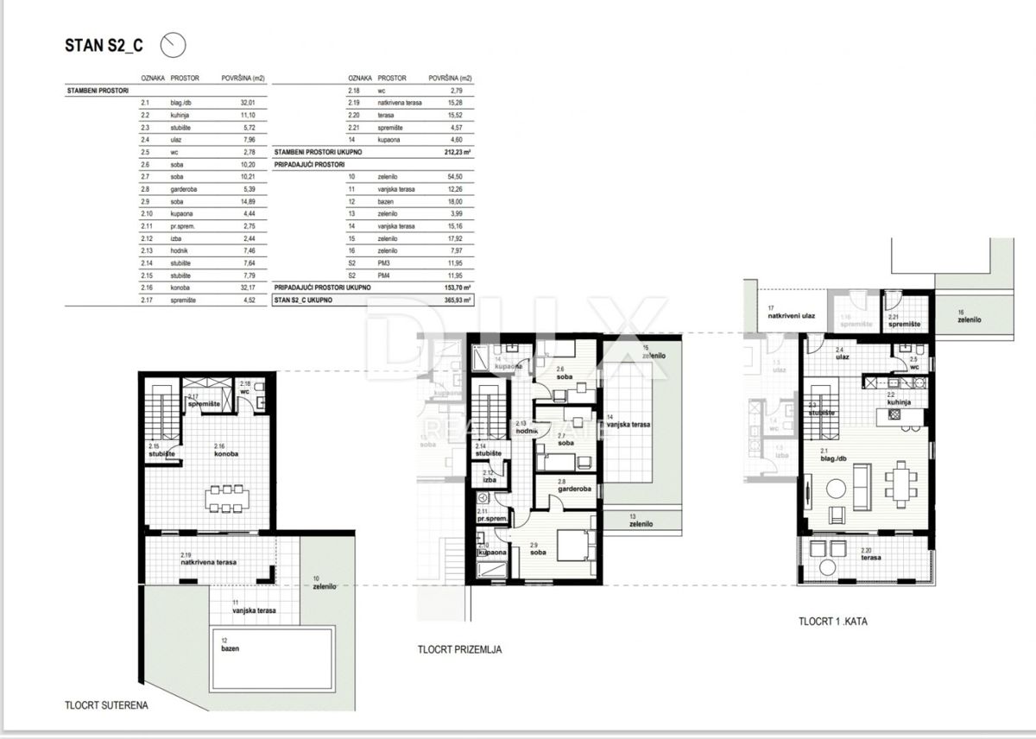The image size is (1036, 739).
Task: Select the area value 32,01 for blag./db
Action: pos(250,102)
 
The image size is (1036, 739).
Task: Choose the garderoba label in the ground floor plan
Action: pos(572,488)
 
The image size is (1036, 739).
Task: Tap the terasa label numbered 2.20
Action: pos(871,558)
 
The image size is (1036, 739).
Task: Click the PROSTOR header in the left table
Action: pos(185,78)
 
